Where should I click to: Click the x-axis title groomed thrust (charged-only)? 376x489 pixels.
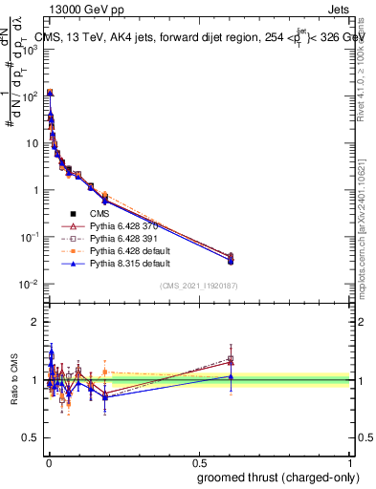pos(279,477)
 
